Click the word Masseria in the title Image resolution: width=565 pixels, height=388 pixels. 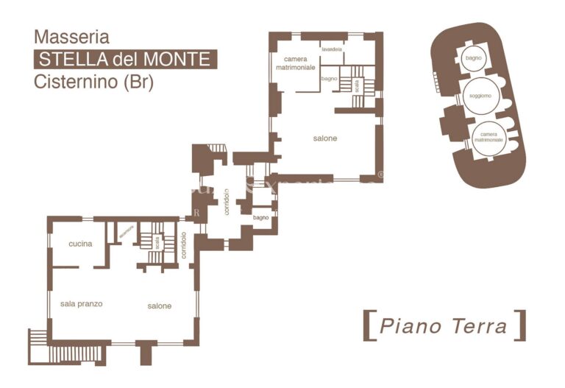point(71,37)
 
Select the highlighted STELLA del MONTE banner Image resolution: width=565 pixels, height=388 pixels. point(125,59)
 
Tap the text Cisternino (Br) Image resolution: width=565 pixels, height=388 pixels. point(93,82)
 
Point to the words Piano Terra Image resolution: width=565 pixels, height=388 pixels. point(444,325)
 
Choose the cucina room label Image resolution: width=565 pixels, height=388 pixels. point(80,244)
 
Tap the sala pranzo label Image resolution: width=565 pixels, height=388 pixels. point(81,303)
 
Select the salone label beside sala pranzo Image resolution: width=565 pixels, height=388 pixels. point(159,306)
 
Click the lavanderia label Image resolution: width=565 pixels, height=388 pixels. point(331,49)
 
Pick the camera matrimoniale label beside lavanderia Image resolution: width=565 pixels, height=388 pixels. point(296,63)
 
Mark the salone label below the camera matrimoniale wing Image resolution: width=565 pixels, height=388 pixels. point(324,138)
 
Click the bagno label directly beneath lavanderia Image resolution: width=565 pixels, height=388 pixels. point(329,78)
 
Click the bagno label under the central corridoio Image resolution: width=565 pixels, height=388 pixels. point(260,218)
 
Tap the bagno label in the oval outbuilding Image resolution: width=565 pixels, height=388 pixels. point(473,57)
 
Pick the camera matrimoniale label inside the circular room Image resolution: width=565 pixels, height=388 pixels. point(488,137)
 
